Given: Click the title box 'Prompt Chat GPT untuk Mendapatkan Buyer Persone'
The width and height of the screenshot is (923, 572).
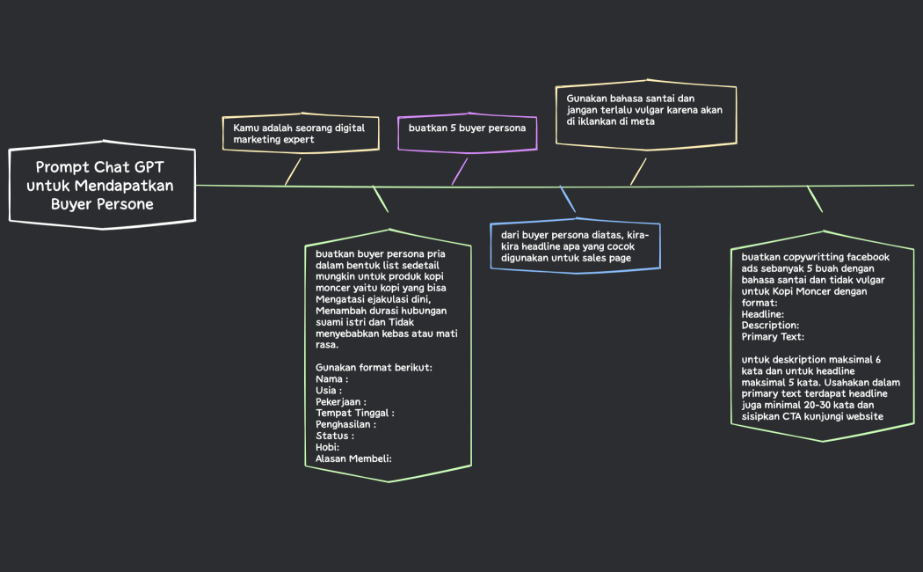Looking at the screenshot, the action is tap(103, 185).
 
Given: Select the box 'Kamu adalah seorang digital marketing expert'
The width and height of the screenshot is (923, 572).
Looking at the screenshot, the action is tap(301, 133).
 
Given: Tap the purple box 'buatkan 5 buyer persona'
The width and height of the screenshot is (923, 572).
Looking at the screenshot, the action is tap(468, 133).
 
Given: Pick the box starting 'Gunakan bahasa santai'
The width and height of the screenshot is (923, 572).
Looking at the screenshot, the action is tap(646, 114).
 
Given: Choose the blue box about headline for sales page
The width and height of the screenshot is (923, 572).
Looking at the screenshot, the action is tap(575, 246).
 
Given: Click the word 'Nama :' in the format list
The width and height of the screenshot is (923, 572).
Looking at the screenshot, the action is tap(332, 378).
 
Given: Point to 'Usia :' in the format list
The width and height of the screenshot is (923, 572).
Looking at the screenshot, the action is tap(329, 390).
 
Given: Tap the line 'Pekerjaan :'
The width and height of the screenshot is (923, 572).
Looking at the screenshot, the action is tap(341, 402).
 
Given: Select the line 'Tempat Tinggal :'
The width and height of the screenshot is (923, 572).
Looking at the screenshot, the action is tap(355, 413).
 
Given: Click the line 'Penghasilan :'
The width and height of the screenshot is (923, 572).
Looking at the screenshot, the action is tap(345, 424).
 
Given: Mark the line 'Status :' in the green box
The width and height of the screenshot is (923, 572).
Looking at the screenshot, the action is tap(335, 436).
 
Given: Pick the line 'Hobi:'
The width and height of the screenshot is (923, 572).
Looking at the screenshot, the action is tap(327, 447).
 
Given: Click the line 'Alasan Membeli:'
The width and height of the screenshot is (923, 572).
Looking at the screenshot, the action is tap(353, 458).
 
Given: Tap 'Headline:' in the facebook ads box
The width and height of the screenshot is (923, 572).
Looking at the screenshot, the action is tap(763, 314).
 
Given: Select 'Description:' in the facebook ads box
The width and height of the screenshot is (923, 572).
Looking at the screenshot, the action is tap(771, 326).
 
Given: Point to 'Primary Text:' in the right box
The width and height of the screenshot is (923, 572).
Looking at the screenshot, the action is tap(773, 337).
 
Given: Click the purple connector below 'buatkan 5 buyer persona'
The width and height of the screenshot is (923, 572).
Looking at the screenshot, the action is tap(460, 172).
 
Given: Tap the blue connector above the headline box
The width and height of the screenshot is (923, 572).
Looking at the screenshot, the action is tap(568, 199).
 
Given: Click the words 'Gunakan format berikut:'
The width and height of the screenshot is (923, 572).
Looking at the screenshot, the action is tap(374, 368).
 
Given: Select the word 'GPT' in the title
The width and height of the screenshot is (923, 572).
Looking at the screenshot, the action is tap(149, 167).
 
